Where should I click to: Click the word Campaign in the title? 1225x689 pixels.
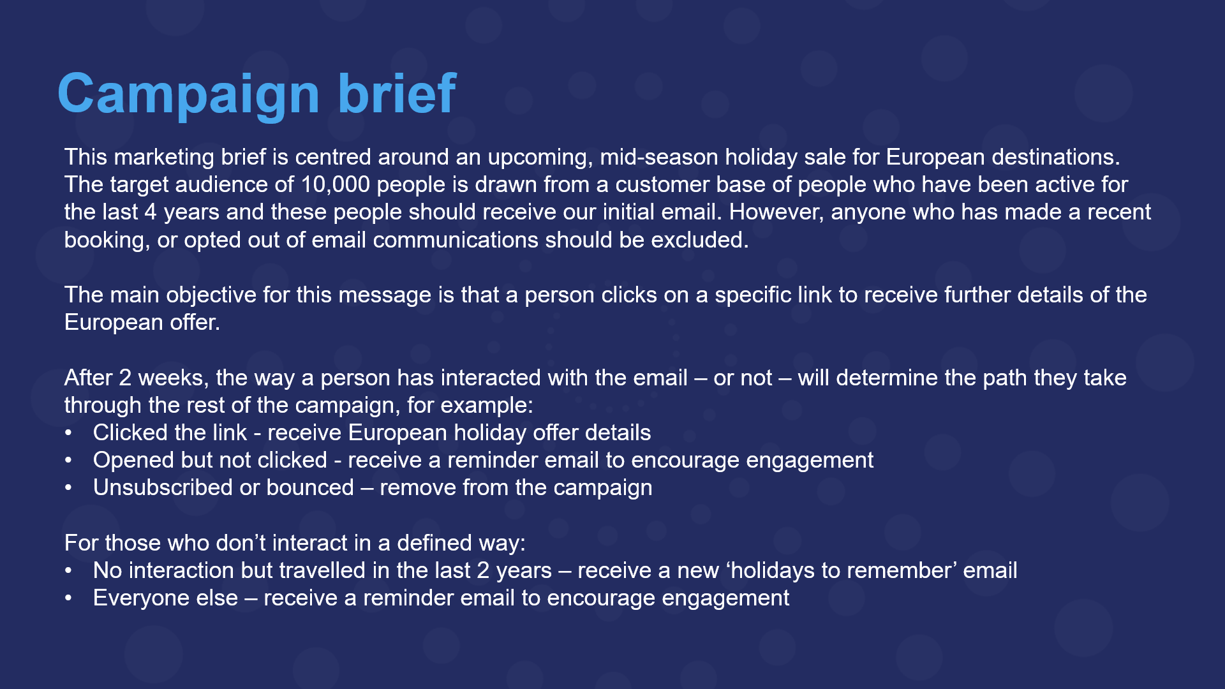coord(188,94)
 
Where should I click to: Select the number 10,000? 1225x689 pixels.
coord(335,185)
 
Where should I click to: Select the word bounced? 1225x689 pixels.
coord(309,488)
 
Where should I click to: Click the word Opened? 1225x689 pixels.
coord(133,461)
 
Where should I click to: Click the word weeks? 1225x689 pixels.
coord(173,378)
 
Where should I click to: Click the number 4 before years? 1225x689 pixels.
coord(151,212)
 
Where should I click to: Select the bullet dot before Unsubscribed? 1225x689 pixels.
coord(68,489)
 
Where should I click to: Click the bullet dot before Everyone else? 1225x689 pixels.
coord(68,599)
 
